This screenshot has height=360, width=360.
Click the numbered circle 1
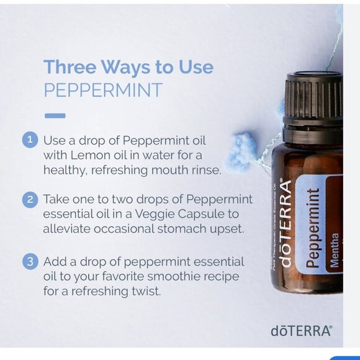[30, 139]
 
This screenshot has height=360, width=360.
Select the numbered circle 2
[30, 199]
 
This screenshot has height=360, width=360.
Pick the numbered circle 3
[30, 261]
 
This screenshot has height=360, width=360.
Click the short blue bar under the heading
[55, 115]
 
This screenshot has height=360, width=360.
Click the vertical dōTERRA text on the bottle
[286, 223]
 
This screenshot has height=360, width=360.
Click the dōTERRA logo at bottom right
[301, 331]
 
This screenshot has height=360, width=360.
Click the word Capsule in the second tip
[209, 215]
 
